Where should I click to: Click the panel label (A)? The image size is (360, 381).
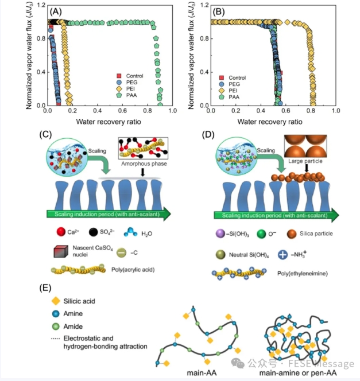point(57,11)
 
